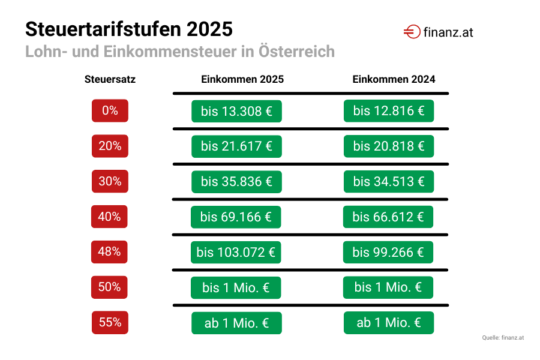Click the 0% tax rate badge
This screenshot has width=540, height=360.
(x=110, y=111)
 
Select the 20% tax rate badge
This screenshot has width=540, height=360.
(x=110, y=146)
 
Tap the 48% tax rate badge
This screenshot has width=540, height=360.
(x=109, y=252)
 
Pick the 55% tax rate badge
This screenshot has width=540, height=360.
(x=110, y=323)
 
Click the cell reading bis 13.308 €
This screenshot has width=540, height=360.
(x=236, y=112)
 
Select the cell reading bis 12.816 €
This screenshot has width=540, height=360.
(x=389, y=111)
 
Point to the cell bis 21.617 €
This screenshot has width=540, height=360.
(x=236, y=146)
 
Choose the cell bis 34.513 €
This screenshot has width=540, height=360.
(x=389, y=182)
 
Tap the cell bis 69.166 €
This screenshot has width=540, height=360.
(x=236, y=217)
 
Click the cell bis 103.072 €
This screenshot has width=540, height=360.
(x=236, y=253)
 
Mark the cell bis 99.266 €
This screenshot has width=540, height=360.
(x=388, y=252)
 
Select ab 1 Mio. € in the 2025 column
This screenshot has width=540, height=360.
(x=236, y=323)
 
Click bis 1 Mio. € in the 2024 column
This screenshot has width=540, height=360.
(x=388, y=287)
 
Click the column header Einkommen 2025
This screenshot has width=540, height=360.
(x=242, y=79)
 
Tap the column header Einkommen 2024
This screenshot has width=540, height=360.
(x=394, y=79)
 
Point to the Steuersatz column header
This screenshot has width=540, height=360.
(x=110, y=79)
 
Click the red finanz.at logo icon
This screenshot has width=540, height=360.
(x=412, y=32)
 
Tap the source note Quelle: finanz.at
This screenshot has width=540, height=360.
(x=503, y=338)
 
